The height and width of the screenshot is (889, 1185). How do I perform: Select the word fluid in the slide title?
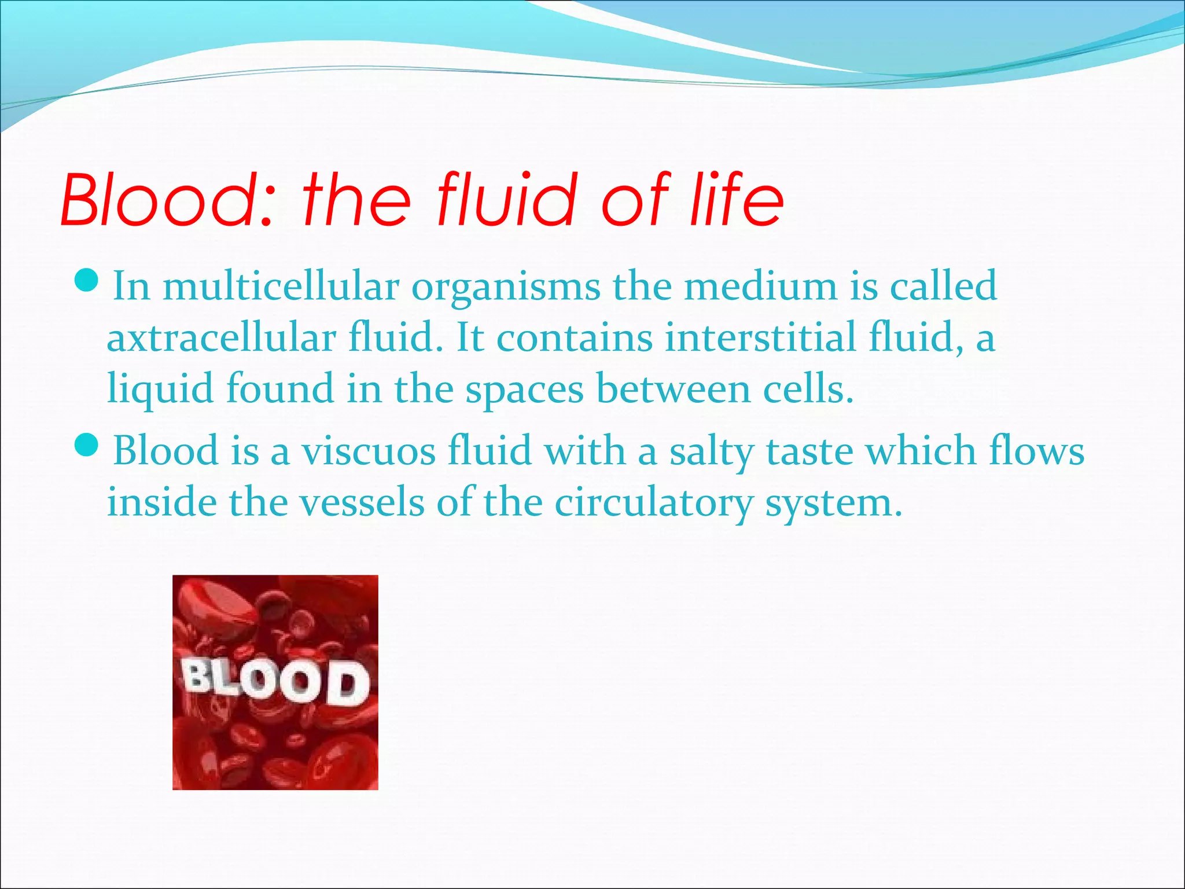coord(507,200)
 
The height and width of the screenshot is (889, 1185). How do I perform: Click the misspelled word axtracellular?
coord(221,337)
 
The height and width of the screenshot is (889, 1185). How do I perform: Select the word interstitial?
coord(760,337)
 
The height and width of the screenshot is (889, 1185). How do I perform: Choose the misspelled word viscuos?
coord(368,450)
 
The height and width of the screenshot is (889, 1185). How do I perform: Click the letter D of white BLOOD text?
coord(349,684)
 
